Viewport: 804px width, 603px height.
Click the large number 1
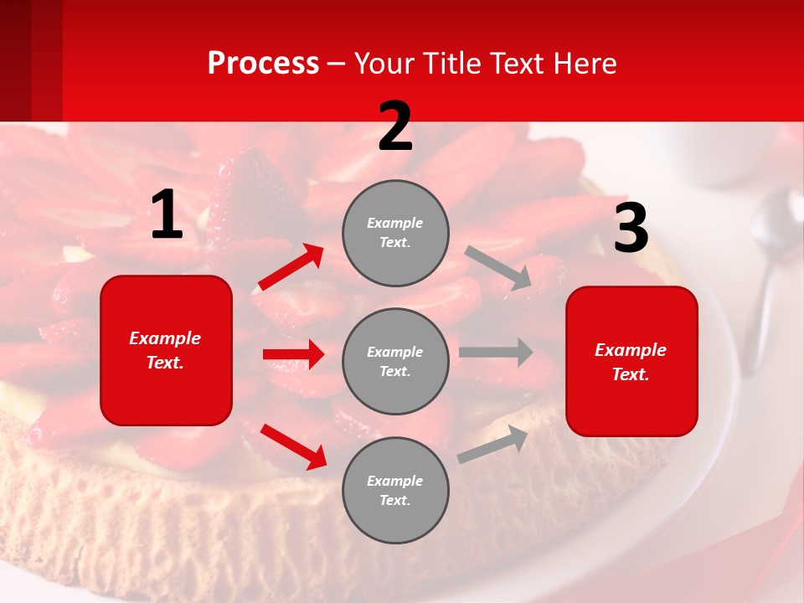tap(167, 215)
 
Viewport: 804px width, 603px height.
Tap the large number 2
tap(395, 126)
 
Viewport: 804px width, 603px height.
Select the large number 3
tap(631, 228)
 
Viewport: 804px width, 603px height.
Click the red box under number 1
tap(166, 350)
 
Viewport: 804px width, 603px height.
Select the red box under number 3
tap(631, 361)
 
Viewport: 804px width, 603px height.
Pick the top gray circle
tap(395, 233)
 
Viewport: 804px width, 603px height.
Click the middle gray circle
tap(395, 361)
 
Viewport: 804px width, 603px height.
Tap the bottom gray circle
tap(395, 490)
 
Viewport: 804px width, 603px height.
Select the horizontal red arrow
tap(293, 354)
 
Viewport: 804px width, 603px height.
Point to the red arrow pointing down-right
tap(294, 446)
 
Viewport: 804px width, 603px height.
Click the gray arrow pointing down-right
tap(499, 268)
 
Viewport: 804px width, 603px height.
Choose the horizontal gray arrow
tap(496, 352)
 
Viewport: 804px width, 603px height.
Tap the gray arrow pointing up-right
tap(492, 444)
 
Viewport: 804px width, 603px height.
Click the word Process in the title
tap(263, 63)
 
